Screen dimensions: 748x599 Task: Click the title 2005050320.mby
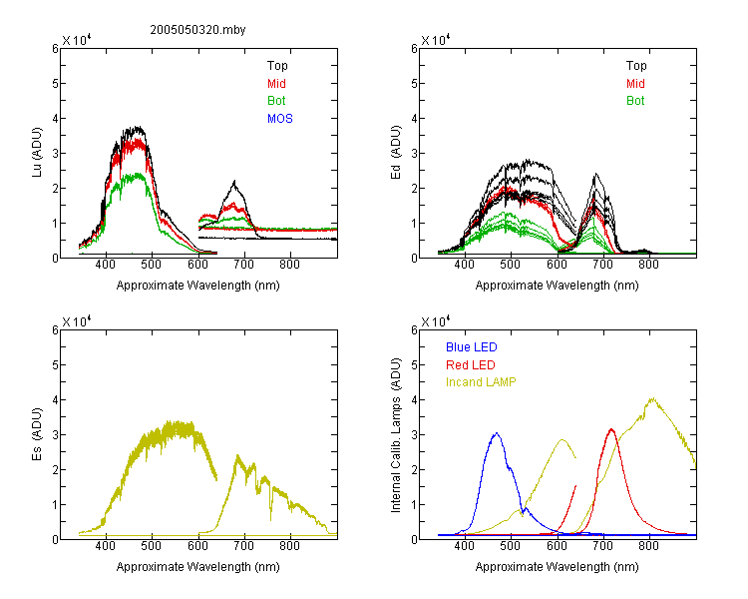click(x=197, y=30)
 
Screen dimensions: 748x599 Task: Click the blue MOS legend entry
click(x=280, y=119)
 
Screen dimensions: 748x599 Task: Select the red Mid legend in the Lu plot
click(x=276, y=84)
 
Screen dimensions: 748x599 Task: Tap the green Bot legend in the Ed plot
click(x=635, y=101)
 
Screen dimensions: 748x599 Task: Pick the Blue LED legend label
click(x=472, y=347)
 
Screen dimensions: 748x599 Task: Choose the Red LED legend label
click(x=471, y=365)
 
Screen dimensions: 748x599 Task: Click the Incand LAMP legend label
click(x=481, y=382)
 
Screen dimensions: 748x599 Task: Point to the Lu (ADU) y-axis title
click(x=37, y=153)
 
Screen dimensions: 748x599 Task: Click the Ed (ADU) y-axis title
click(x=396, y=153)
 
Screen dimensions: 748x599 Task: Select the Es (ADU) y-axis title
click(x=37, y=434)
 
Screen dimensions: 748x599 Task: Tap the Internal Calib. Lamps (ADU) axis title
click(x=396, y=435)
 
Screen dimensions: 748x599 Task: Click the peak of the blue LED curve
click(x=497, y=433)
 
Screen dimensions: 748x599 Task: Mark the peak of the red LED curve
click(x=611, y=429)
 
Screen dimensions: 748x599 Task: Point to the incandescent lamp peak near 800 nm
click(x=652, y=398)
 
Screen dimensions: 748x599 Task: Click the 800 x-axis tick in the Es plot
click(x=289, y=546)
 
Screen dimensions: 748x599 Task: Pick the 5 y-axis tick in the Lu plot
click(x=55, y=84)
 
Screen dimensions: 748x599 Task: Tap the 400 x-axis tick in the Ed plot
click(x=464, y=265)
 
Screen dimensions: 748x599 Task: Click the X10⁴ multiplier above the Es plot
click(x=77, y=321)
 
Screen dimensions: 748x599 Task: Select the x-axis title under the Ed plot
click(x=557, y=286)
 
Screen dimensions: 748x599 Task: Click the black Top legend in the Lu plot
click(x=277, y=66)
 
